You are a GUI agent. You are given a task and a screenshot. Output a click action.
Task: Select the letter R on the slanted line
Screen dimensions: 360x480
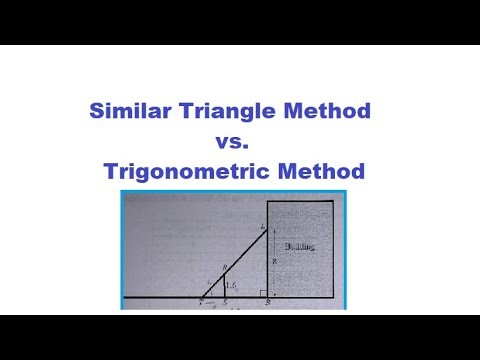pyautogui.click(x=225, y=267)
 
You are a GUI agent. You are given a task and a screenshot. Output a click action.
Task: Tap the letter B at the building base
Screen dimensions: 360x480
pyautogui.click(x=268, y=303)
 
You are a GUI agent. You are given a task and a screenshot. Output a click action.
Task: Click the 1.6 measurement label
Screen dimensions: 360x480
pyautogui.click(x=233, y=284)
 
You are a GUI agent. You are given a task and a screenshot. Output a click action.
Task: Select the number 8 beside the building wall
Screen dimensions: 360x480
pyautogui.click(x=272, y=258)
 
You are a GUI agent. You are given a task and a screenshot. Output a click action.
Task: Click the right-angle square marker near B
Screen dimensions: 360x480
pyautogui.click(x=263, y=293)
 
